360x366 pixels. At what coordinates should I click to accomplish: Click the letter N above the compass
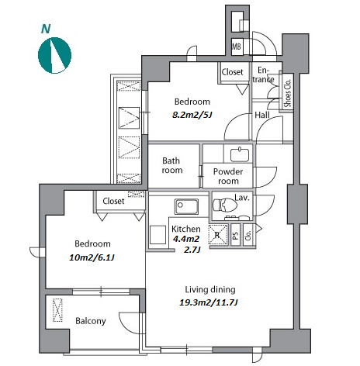click(46, 29)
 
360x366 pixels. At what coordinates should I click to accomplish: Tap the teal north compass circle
click(54, 55)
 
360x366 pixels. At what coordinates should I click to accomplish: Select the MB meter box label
click(237, 47)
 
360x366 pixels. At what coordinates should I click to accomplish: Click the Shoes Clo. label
click(288, 92)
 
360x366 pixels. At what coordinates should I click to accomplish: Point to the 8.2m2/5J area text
click(192, 115)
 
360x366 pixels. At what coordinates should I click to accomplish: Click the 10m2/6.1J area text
click(92, 257)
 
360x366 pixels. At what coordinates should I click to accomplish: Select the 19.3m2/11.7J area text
click(209, 302)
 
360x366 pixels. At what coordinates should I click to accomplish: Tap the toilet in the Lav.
click(225, 205)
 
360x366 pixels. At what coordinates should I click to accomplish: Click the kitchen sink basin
click(186, 206)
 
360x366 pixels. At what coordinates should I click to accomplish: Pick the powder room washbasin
click(240, 154)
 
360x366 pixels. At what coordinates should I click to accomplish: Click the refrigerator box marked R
click(218, 234)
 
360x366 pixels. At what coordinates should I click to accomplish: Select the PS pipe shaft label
click(235, 235)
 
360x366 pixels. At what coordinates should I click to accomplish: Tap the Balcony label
click(91, 321)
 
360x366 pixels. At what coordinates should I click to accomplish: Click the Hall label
click(262, 115)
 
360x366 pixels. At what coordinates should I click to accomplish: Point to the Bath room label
click(172, 165)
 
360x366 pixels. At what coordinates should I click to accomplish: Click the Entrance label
click(263, 74)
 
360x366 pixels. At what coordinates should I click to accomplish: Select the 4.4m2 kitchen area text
click(186, 239)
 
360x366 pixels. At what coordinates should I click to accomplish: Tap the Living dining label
click(210, 289)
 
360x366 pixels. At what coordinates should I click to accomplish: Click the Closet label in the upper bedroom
click(232, 72)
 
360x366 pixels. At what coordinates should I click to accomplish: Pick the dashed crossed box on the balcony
click(57, 310)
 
